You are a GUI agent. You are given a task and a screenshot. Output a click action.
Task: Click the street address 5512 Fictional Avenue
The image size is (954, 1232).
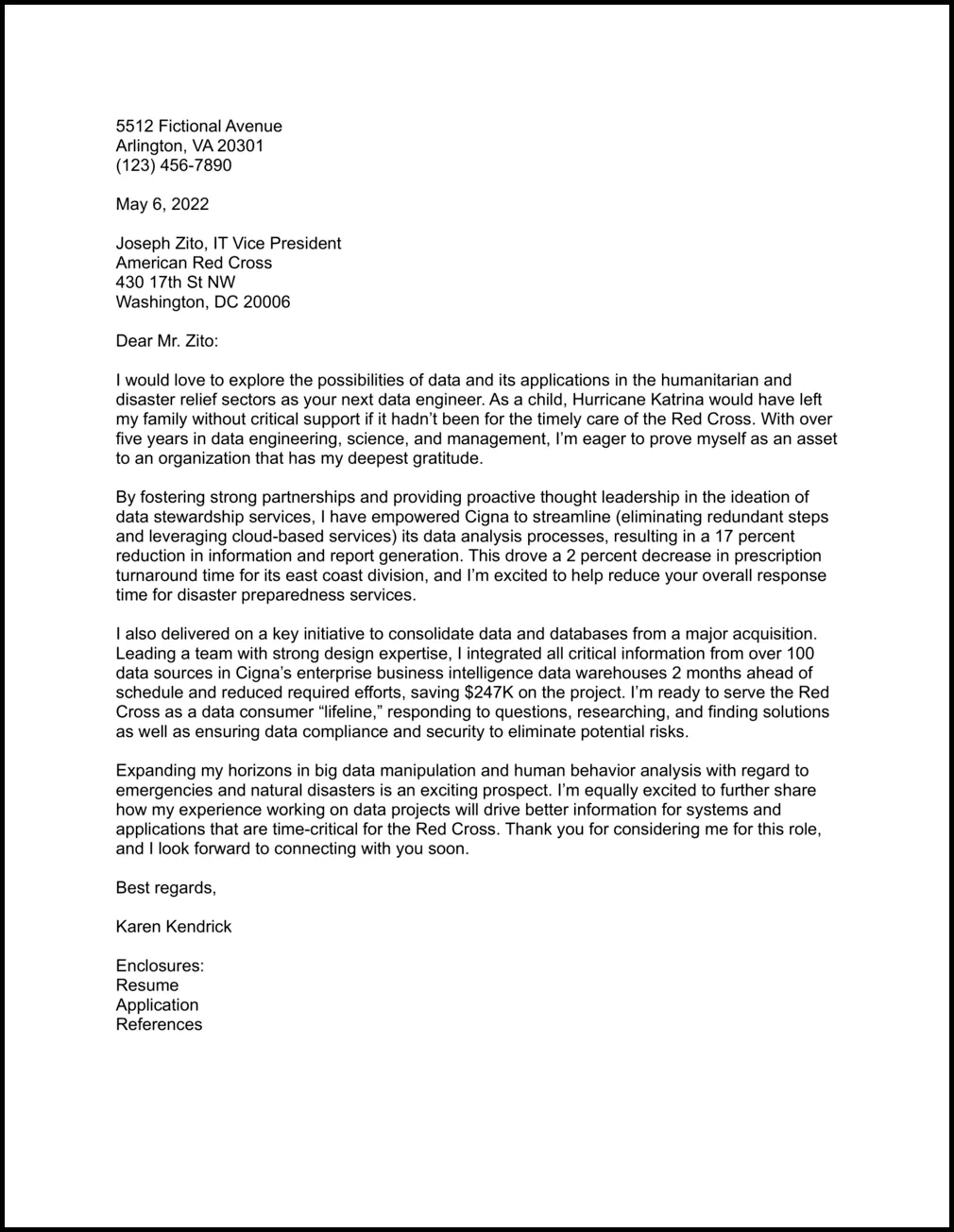(x=198, y=127)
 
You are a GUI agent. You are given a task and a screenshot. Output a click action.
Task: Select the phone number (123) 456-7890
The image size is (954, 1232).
(x=173, y=165)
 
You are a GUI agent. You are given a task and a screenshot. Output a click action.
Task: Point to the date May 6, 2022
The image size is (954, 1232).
(x=162, y=204)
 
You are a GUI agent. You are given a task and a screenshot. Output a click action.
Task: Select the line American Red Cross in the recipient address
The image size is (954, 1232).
(x=194, y=263)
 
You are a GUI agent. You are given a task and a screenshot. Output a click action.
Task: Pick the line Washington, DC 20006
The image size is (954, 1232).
(x=202, y=302)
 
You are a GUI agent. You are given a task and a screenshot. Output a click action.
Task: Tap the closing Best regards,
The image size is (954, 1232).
(x=165, y=887)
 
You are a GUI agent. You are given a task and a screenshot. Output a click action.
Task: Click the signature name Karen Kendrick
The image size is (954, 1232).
(x=173, y=926)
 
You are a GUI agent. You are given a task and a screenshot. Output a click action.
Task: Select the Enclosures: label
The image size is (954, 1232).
(x=160, y=966)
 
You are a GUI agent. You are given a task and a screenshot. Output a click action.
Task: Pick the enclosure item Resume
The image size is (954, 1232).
(x=146, y=985)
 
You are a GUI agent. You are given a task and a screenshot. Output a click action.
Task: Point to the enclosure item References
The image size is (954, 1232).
(x=159, y=1024)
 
